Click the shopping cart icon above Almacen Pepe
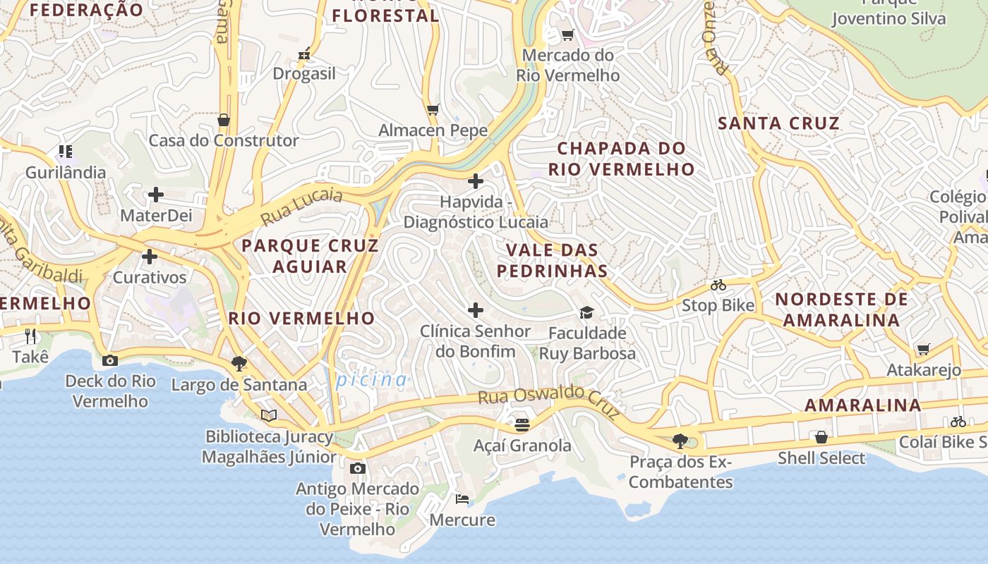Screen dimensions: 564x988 (433, 109)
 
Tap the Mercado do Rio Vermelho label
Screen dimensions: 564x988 (567, 65)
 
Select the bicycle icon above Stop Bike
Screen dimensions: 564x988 (718, 285)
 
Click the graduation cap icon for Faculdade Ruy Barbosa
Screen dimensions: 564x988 (586, 312)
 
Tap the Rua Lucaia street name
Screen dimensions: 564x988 (301, 207)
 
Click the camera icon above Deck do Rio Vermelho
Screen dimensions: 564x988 (109, 360)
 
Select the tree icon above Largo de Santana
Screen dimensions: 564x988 (239, 364)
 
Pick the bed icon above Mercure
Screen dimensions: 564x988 (462, 499)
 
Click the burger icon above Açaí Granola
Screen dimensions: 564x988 (522, 424)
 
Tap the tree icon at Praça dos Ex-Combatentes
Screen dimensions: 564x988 (680, 441)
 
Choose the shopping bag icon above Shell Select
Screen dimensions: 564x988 (821, 437)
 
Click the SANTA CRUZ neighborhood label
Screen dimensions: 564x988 (778, 123)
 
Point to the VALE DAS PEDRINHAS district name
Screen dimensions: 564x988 (552, 260)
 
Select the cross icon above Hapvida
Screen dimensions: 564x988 (476, 181)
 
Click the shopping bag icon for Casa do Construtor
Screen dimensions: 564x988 (224, 120)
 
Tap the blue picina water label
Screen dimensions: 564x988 (371, 380)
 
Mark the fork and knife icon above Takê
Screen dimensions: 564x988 (30, 336)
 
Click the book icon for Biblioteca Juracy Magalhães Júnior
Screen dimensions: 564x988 (268, 415)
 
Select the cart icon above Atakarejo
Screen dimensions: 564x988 (923, 349)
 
